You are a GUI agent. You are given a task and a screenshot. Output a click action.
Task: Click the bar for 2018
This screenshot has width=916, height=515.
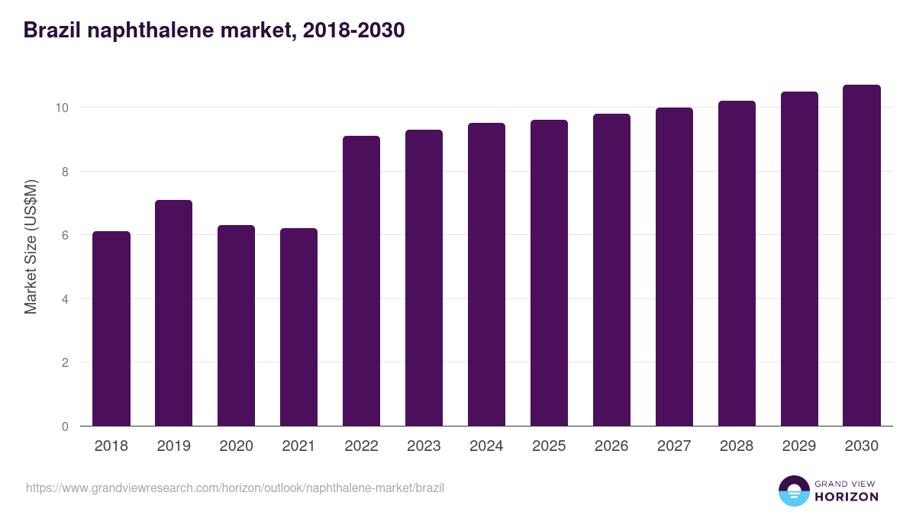(x=111, y=329)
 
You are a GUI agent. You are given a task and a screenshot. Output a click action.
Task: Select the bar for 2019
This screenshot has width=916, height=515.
(x=174, y=313)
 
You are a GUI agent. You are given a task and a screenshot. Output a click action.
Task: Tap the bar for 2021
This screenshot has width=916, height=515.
(x=299, y=327)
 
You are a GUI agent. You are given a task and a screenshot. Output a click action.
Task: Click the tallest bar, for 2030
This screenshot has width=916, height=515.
(x=862, y=256)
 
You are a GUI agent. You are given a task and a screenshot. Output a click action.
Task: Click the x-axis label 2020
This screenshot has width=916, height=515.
(x=237, y=446)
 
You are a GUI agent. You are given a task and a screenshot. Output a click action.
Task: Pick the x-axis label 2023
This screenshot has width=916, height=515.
(x=424, y=446)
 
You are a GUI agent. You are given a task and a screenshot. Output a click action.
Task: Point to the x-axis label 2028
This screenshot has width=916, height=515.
(x=737, y=446)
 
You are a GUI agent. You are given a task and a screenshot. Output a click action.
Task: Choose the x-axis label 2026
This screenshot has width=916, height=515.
(x=611, y=446)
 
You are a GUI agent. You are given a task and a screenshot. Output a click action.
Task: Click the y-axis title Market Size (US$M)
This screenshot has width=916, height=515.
(x=31, y=246)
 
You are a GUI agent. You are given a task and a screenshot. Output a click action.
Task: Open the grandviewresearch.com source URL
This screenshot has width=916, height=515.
(x=235, y=488)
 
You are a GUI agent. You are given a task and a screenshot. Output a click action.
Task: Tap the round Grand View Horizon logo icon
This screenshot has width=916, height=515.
(x=794, y=491)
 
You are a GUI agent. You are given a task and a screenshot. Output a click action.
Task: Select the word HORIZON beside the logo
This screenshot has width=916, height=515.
(x=847, y=497)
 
